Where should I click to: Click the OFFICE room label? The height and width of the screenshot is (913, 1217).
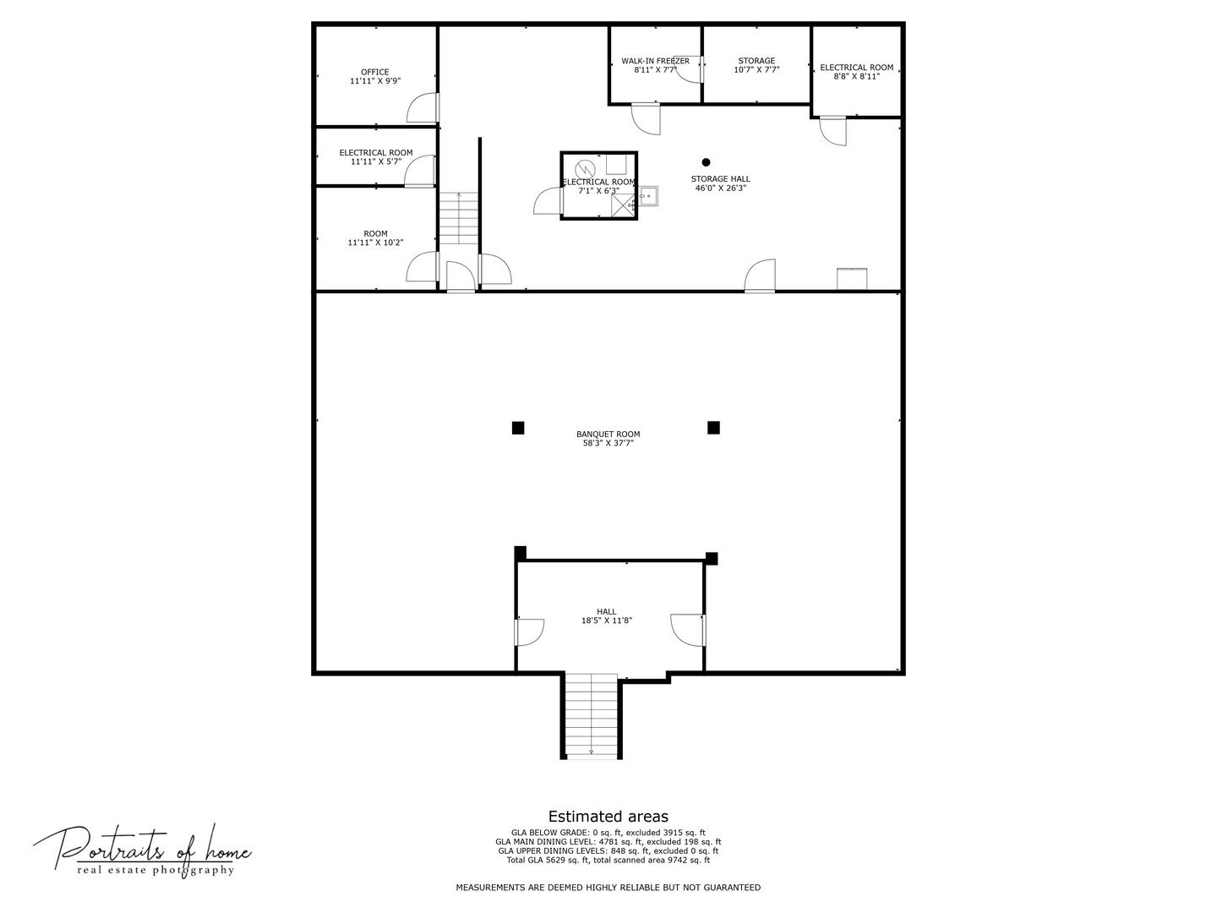(x=374, y=72)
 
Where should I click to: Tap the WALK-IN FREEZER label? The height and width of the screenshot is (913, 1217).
(x=655, y=61)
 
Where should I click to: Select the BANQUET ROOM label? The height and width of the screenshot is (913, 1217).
(x=608, y=434)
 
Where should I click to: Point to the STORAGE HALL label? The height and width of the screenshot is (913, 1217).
(x=720, y=178)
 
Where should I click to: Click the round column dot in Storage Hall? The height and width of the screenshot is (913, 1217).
(x=706, y=162)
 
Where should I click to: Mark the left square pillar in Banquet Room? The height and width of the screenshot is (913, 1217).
(x=518, y=428)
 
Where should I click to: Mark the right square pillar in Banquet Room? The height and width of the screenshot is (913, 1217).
(x=713, y=428)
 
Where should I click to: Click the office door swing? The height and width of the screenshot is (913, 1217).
(x=423, y=107)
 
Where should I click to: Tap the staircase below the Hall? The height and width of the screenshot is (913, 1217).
(x=592, y=715)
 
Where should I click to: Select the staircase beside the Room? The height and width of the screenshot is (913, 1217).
(x=459, y=218)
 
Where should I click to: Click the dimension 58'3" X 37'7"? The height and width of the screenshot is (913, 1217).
(x=608, y=443)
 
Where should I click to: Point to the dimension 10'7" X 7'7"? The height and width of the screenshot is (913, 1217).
(x=756, y=70)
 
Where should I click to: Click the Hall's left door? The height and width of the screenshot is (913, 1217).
(x=530, y=632)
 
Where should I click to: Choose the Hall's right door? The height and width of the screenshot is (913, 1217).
(x=688, y=630)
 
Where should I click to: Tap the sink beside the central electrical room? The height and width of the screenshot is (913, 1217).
(x=648, y=196)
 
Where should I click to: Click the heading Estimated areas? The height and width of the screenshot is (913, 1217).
(x=608, y=817)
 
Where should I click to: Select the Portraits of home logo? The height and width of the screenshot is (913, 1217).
(x=142, y=850)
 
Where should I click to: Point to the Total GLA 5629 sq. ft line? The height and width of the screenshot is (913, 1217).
(x=608, y=861)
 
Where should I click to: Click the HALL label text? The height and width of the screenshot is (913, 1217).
(x=607, y=611)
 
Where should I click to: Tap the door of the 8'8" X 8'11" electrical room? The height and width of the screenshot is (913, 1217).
(x=833, y=131)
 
